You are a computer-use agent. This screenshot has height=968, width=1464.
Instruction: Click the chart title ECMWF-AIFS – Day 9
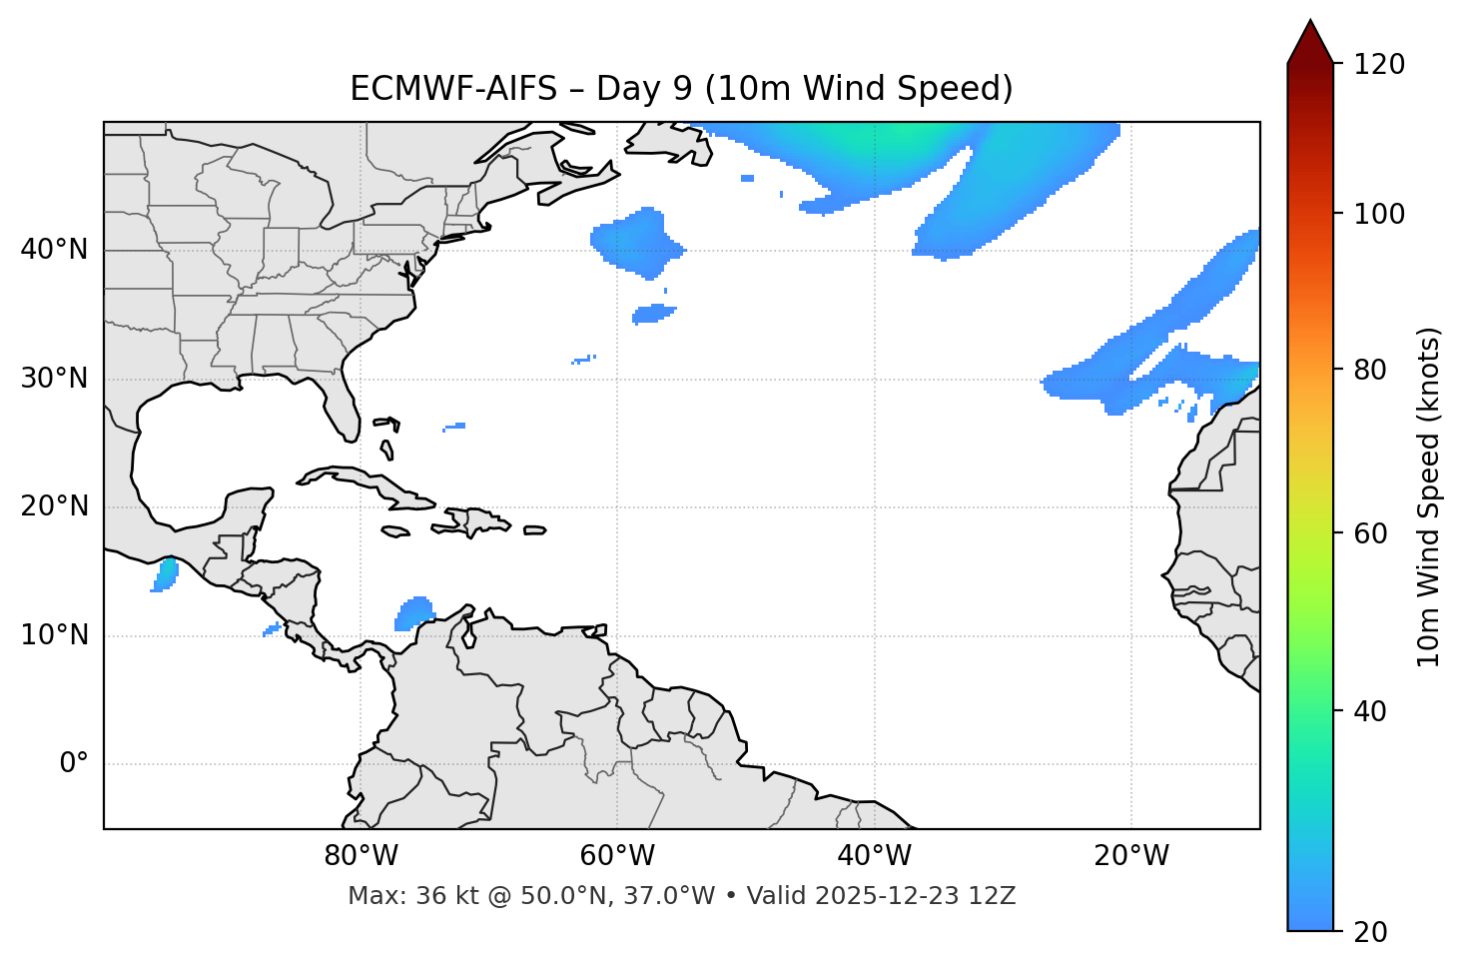point(681,89)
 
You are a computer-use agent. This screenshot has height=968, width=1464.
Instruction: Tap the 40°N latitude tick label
point(54,250)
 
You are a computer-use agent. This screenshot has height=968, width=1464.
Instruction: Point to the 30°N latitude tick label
point(54,379)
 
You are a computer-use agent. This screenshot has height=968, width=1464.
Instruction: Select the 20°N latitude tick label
point(54,507)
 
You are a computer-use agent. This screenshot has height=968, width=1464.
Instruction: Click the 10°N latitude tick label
point(54,635)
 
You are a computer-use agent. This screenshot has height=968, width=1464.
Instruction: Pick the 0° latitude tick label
point(74,764)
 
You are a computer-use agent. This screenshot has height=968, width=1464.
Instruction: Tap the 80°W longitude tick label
point(361,856)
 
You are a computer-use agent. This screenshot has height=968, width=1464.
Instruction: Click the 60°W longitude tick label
point(617,856)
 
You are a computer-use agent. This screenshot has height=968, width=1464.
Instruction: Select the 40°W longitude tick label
point(875,856)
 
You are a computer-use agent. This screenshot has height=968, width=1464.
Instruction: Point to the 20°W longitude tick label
point(1131,856)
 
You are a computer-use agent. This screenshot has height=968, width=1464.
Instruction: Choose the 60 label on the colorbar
point(1374,533)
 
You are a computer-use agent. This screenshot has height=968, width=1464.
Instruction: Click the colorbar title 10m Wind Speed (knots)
point(1429,496)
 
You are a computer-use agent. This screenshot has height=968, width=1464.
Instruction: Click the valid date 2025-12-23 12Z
point(915,896)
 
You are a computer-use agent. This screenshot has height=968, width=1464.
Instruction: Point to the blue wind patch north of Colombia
point(414,612)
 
